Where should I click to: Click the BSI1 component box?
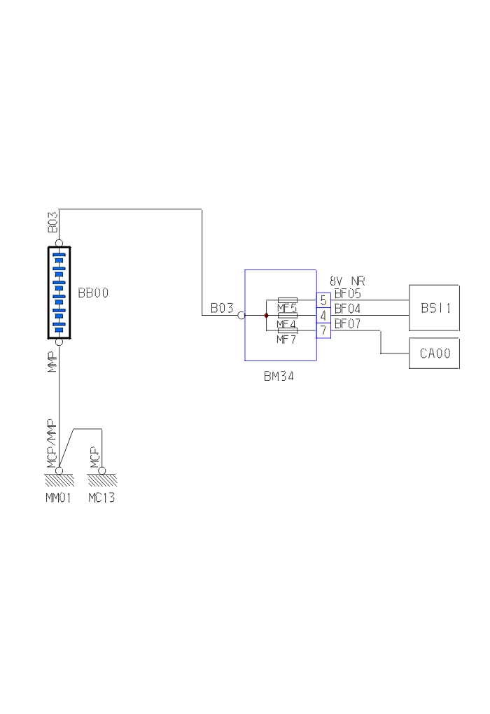point(434,307)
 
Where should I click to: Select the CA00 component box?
point(434,353)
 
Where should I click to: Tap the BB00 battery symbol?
point(59,293)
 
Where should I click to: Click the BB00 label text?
point(93,293)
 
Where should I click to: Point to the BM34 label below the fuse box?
point(279,376)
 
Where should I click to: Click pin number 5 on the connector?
point(323,300)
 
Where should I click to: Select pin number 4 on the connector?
point(323,315)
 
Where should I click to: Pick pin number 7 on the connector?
point(323,330)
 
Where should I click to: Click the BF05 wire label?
point(348,294)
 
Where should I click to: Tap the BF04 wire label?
point(348,308)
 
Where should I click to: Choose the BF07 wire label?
point(348,323)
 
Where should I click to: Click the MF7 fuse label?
point(286,339)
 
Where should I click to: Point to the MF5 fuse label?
point(286,307)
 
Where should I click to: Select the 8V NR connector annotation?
point(348,281)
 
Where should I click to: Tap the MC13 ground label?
point(101,498)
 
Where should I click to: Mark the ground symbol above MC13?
point(102,479)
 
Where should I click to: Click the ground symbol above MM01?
point(59,479)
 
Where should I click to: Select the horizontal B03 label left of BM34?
point(222,308)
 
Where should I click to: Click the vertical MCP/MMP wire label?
point(51,443)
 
